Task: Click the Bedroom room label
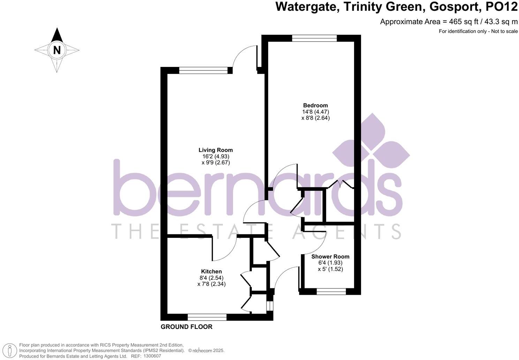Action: (x=315, y=105)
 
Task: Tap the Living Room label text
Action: (x=216, y=150)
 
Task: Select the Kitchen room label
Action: (x=211, y=271)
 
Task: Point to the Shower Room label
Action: (x=330, y=256)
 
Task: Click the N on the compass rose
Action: (x=57, y=50)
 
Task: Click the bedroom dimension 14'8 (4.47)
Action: (x=315, y=112)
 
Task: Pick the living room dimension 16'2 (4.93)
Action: (x=216, y=156)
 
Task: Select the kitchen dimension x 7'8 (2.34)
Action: (x=211, y=284)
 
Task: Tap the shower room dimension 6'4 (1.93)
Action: (x=330, y=263)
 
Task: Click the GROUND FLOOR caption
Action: (x=186, y=327)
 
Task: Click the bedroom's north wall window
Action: (x=314, y=38)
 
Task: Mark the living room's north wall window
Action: (x=203, y=70)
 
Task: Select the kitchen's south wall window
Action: (x=207, y=317)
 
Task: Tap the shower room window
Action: (x=331, y=291)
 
